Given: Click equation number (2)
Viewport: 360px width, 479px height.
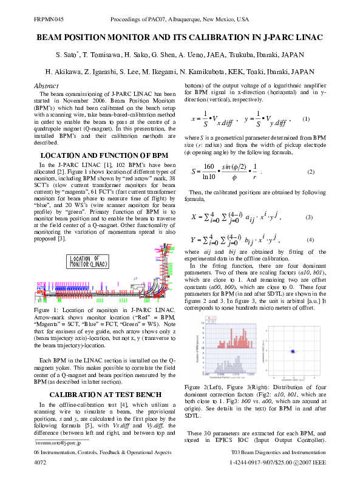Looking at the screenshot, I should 311,172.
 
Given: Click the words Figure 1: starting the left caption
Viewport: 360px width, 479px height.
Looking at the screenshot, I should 47,310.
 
